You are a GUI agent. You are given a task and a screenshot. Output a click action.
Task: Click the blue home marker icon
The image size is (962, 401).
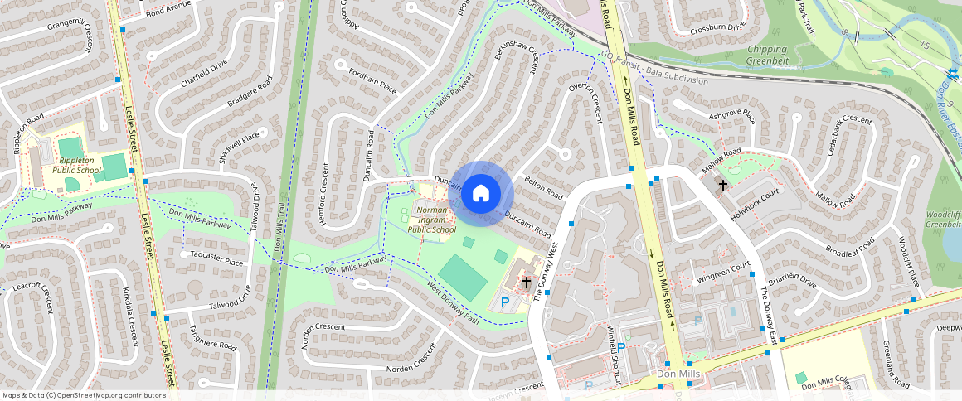[x=481, y=194]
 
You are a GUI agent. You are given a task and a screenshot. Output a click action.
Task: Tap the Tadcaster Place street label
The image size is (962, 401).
[x=216, y=262]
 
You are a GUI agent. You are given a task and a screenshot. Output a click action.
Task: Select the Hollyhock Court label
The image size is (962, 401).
[x=756, y=202]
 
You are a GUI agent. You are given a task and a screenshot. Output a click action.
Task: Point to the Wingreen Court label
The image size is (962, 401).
[x=723, y=269]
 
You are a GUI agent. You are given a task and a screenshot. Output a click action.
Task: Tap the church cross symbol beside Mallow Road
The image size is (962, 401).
[x=723, y=186]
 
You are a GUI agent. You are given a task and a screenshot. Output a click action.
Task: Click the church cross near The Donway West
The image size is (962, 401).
[x=526, y=283]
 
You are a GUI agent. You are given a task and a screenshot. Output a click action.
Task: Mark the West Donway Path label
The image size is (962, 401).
[x=452, y=304]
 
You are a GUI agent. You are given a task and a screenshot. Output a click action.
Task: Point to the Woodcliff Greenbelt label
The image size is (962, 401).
[x=942, y=219]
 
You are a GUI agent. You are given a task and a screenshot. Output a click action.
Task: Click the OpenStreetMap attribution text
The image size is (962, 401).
[x=83, y=395]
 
